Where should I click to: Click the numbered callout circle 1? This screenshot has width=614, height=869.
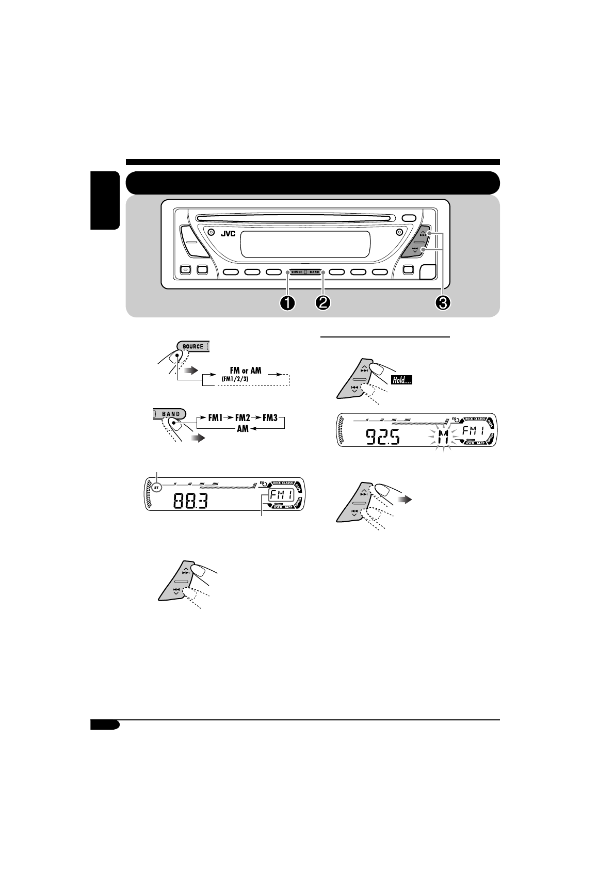tap(287, 303)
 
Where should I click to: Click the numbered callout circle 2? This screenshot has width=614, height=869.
tap(323, 303)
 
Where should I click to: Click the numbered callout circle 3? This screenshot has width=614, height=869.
tap(443, 303)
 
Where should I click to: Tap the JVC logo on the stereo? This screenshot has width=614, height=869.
tap(228, 233)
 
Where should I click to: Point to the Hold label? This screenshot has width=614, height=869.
tap(405, 381)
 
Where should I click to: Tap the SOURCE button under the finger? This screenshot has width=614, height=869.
tap(192, 346)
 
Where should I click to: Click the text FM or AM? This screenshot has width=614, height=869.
tap(245, 371)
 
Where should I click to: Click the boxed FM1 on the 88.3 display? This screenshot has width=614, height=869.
tap(280, 498)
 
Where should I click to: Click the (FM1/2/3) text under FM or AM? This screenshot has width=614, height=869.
tap(236, 379)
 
